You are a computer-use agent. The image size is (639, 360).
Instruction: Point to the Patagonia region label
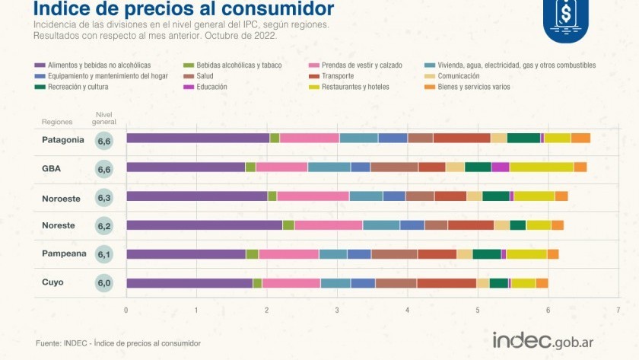63,139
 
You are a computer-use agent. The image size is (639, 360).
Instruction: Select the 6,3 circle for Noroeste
104,198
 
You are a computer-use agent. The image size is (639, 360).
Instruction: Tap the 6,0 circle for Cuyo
104,284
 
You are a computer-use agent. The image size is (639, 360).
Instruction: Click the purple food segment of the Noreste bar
204,225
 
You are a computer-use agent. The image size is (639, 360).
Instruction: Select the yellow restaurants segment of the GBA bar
541,167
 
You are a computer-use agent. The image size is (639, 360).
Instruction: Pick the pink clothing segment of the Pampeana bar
288,254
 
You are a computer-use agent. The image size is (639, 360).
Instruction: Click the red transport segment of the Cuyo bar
446,283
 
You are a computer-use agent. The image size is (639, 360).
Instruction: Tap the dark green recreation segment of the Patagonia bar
523,138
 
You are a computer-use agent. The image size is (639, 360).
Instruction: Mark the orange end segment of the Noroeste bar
561,196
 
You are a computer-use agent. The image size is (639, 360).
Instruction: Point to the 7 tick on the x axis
618,311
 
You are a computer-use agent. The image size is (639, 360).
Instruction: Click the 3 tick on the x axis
337,311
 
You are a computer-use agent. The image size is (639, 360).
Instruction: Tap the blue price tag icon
566,15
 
